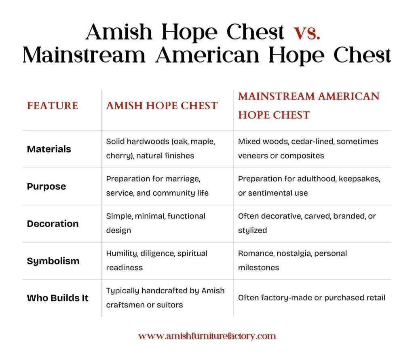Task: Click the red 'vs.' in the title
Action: tap(307, 32)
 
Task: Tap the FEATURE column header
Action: tap(53, 106)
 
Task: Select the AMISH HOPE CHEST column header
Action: tap(162, 106)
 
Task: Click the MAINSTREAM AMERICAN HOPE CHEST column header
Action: tap(308, 106)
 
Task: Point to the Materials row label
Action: tap(49, 149)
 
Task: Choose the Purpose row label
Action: tap(46, 186)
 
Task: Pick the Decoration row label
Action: tap(53, 224)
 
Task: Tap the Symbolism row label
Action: tap(53, 261)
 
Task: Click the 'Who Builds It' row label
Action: tap(57, 298)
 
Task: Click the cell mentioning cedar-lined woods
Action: tap(308, 148)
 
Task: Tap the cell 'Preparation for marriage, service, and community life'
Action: tap(157, 186)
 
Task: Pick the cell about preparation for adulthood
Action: tap(309, 186)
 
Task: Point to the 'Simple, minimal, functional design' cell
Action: tap(156, 223)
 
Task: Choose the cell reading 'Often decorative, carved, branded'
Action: tap(307, 223)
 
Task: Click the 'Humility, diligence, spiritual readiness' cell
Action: tap(157, 260)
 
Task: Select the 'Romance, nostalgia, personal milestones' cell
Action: tap(292, 260)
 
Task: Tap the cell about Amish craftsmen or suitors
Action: tap(165, 298)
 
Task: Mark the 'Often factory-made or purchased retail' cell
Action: tap(311, 298)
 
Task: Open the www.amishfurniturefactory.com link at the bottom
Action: tap(207, 336)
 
